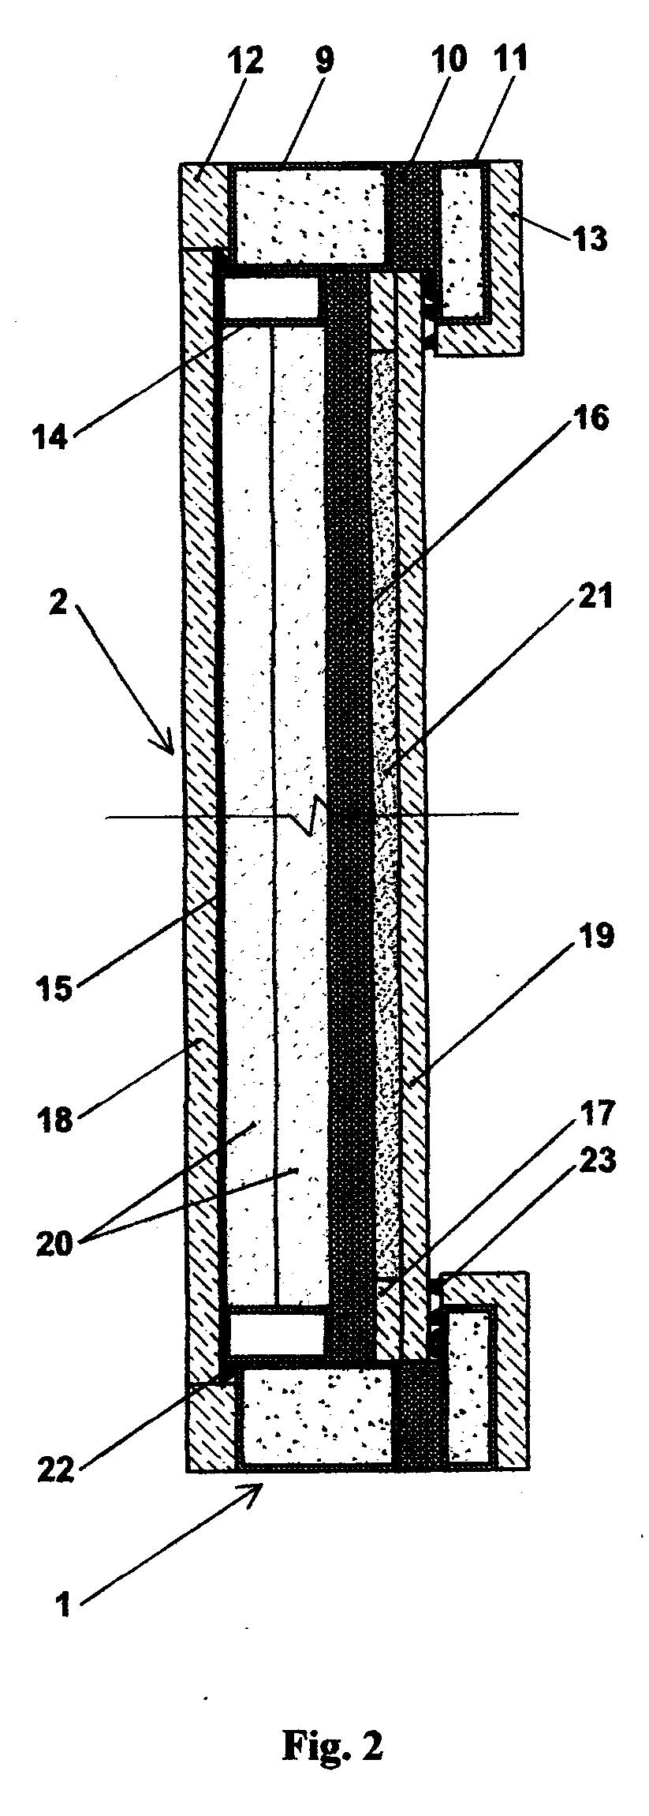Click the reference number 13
[x=590, y=236]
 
